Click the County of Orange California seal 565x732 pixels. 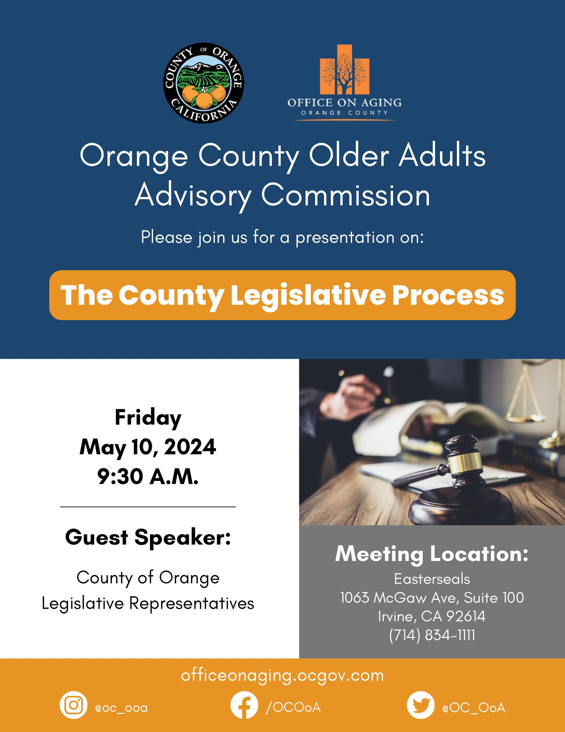[203, 83]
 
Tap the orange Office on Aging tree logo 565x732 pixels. [344, 69]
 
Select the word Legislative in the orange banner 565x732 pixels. [308, 295]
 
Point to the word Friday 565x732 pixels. [148, 418]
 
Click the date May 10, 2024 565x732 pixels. [148, 447]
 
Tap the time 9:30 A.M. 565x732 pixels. [148, 476]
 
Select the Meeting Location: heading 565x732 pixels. [432, 554]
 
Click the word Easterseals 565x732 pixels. [432, 579]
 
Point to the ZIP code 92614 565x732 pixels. [466, 616]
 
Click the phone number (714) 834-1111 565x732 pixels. [432, 635]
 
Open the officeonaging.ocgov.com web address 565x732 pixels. [282, 675]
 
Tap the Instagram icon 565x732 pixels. [74, 705]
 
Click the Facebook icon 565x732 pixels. [244, 705]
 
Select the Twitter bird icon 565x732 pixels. [421, 705]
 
